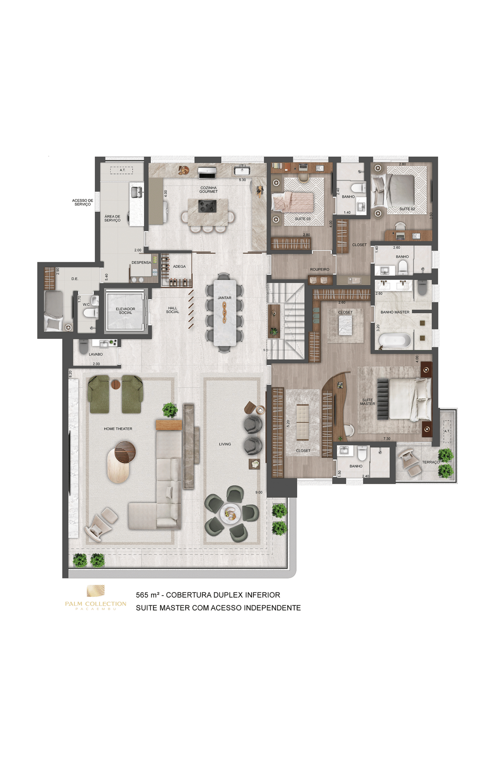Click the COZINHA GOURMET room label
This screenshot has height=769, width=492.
click(208, 190)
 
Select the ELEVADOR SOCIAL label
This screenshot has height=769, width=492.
click(125, 311)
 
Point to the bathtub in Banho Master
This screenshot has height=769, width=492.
click(395, 341)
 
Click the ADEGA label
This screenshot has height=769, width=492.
click(179, 266)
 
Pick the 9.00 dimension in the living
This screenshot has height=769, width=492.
click(259, 492)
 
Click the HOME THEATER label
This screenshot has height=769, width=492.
click(118, 428)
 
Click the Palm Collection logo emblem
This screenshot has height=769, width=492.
click(96, 591)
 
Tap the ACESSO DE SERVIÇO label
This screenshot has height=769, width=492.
click(82, 203)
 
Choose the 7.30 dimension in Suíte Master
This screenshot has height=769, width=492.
click(387, 439)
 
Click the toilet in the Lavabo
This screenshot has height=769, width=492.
click(83, 346)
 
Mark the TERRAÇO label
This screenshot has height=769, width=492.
click(431, 462)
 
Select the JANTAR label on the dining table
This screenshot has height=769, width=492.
click(224, 298)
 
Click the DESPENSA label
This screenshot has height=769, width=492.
click(141, 262)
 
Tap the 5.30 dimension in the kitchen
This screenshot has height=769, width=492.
click(243, 180)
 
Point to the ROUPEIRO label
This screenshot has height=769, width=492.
click(319, 270)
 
